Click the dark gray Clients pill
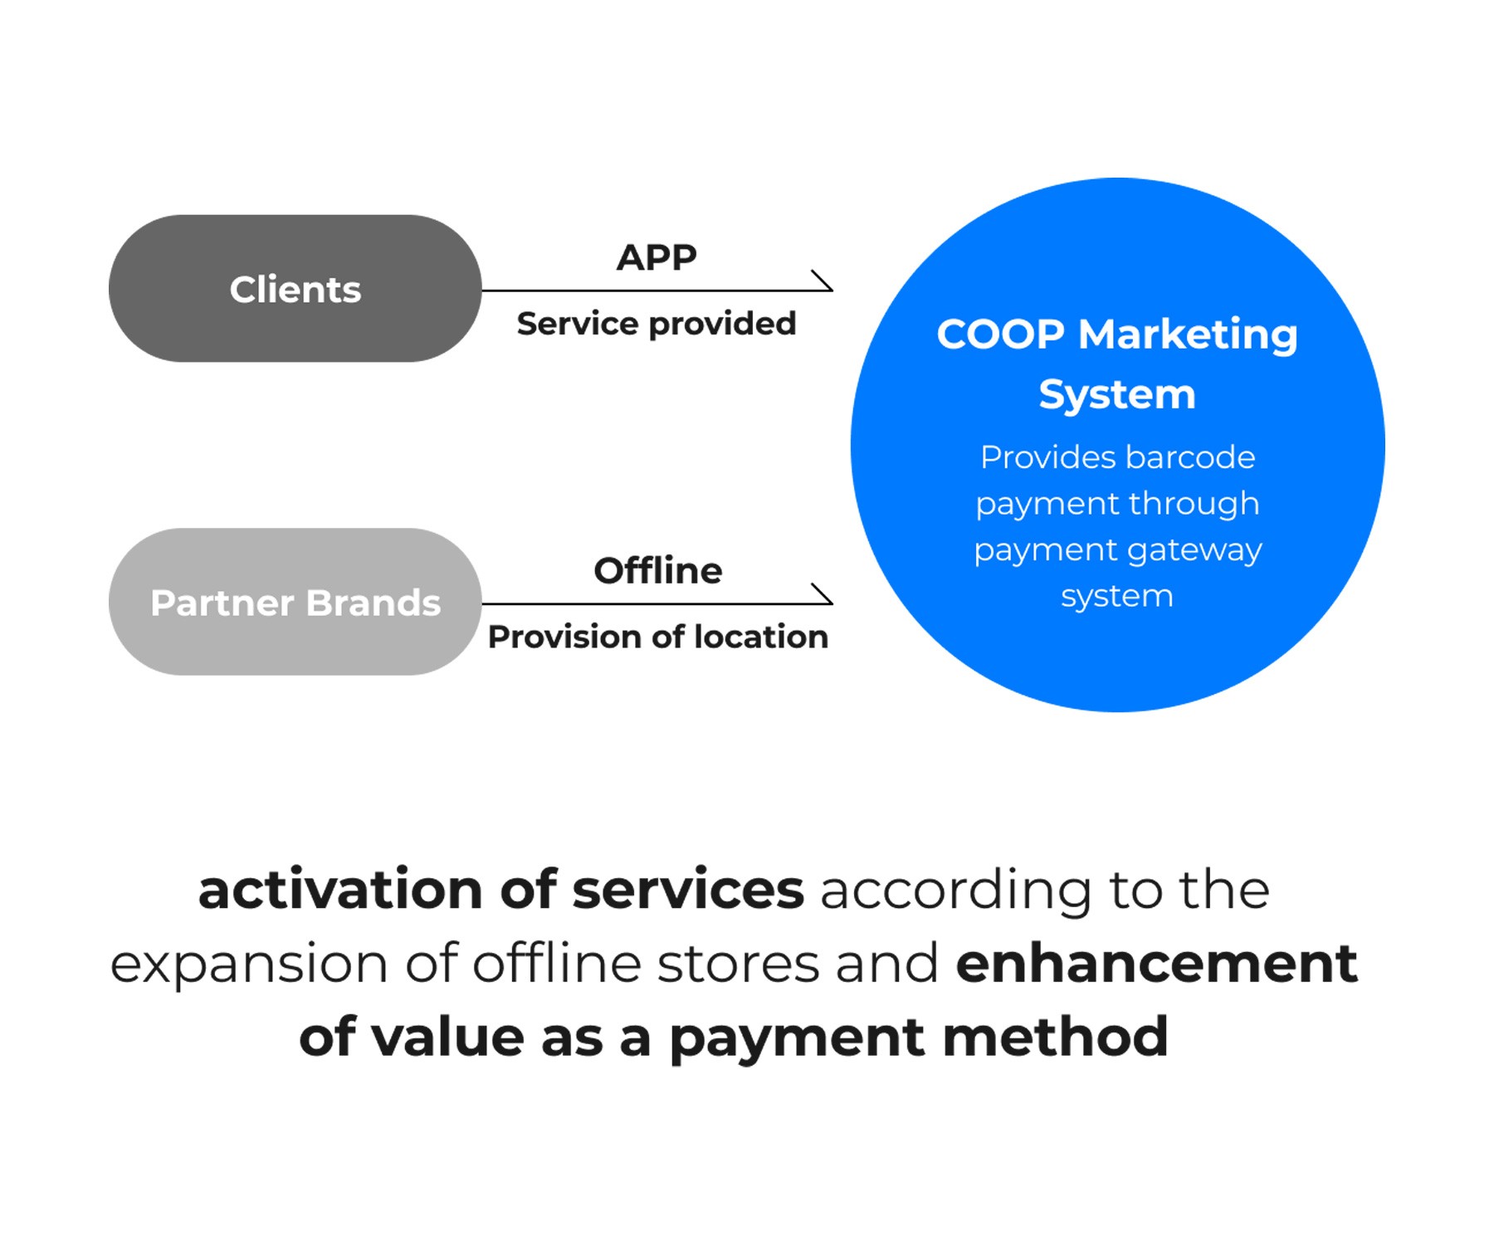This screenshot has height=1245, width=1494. pos(295,288)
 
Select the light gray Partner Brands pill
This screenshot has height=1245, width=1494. pos(295,602)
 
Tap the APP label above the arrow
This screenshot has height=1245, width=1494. pos(657,257)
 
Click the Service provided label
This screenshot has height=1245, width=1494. pos(657,324)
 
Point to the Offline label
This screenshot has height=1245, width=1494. pos(658,571)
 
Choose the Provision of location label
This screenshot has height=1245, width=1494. pos(658,637)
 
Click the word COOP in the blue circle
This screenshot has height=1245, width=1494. pos(1000,334)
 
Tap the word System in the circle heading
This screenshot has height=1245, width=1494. pos(1117,394)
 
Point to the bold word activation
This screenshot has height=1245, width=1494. pos(340,890)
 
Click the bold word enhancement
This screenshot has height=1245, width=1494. pos(1156,964)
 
